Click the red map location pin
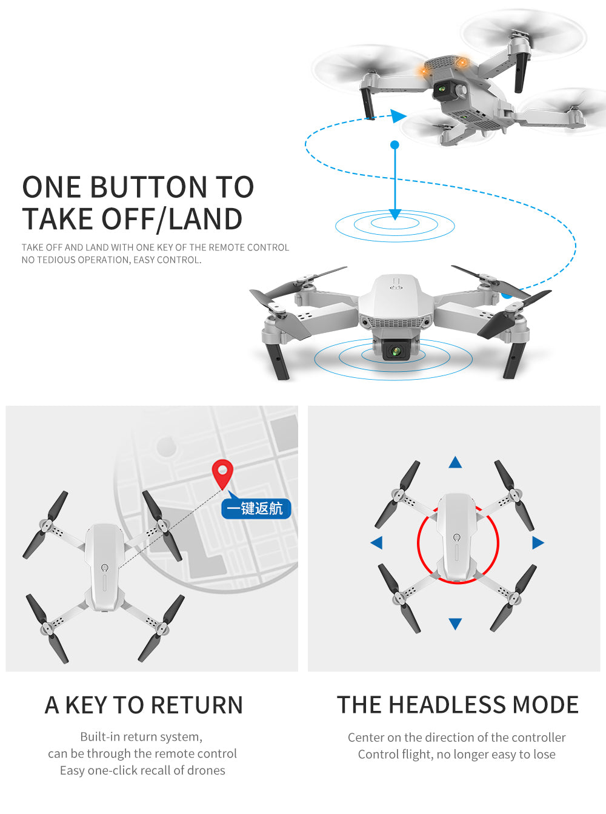pyautogui.click(x=222, y=474)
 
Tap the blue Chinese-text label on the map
pyautogui.click(x=256, y=508)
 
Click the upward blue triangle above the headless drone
pyautogui.click(x=455, y=462)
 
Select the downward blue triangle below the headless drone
pyautogui.click(x=455, y=624)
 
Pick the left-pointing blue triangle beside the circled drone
pyautogui.click(x=377, y=542)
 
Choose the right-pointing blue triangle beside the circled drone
pyautogui.click(x=538, y=542)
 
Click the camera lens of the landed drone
pyautogui.click(x=396, y=351)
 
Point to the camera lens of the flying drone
pyautogui.click(x=442, y=88)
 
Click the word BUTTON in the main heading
pyautogui.click(x=150, y=187)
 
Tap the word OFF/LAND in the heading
pyautogui.click(x=171, y=219)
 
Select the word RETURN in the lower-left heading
pyautogui.click(x=196, y=705)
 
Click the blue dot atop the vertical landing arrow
pyautogui.click(x=395, y=145)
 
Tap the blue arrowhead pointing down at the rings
pyautogui.click(x=395, y=215)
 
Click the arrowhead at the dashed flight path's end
pyautogui.click(x=398, y=116)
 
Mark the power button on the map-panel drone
pyautogui.click(x=105, y=568)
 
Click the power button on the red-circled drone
pyautogui.click(x=457, y=537)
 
